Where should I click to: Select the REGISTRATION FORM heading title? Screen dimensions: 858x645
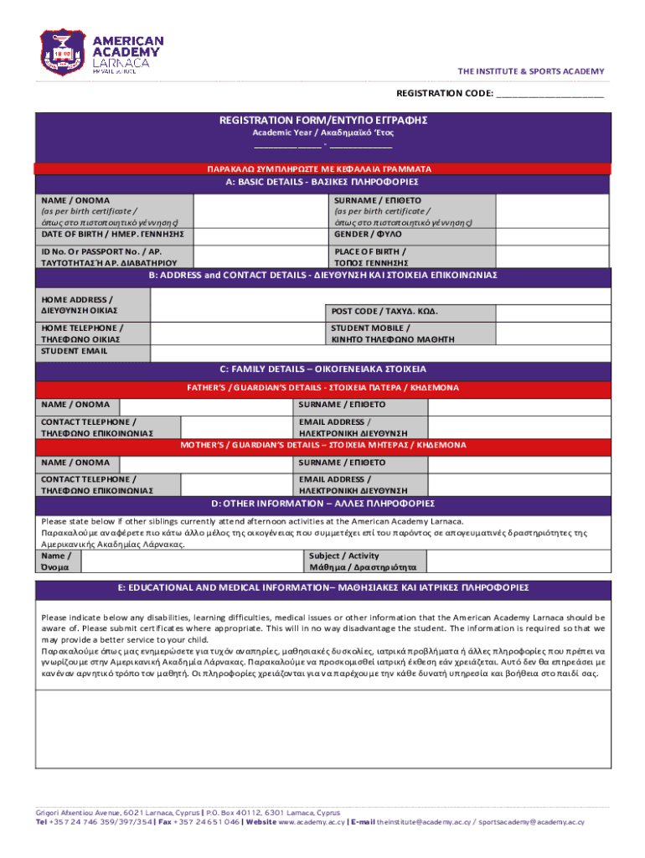coord(323,121)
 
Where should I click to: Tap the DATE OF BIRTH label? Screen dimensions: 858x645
coord(112,234)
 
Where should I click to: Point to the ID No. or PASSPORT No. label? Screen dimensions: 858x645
coord(109,256)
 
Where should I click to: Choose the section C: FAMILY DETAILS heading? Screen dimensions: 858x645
coord(323,369)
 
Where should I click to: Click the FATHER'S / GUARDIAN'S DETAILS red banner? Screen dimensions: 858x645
coord(323,388)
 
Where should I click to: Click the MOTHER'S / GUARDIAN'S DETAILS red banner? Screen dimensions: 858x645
coord(323,445)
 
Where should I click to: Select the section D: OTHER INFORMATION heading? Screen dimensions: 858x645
coord(323,504)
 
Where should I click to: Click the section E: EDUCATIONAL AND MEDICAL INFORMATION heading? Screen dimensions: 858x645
coord(323,587)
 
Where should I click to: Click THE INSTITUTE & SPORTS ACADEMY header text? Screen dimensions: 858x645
coord(541,71)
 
